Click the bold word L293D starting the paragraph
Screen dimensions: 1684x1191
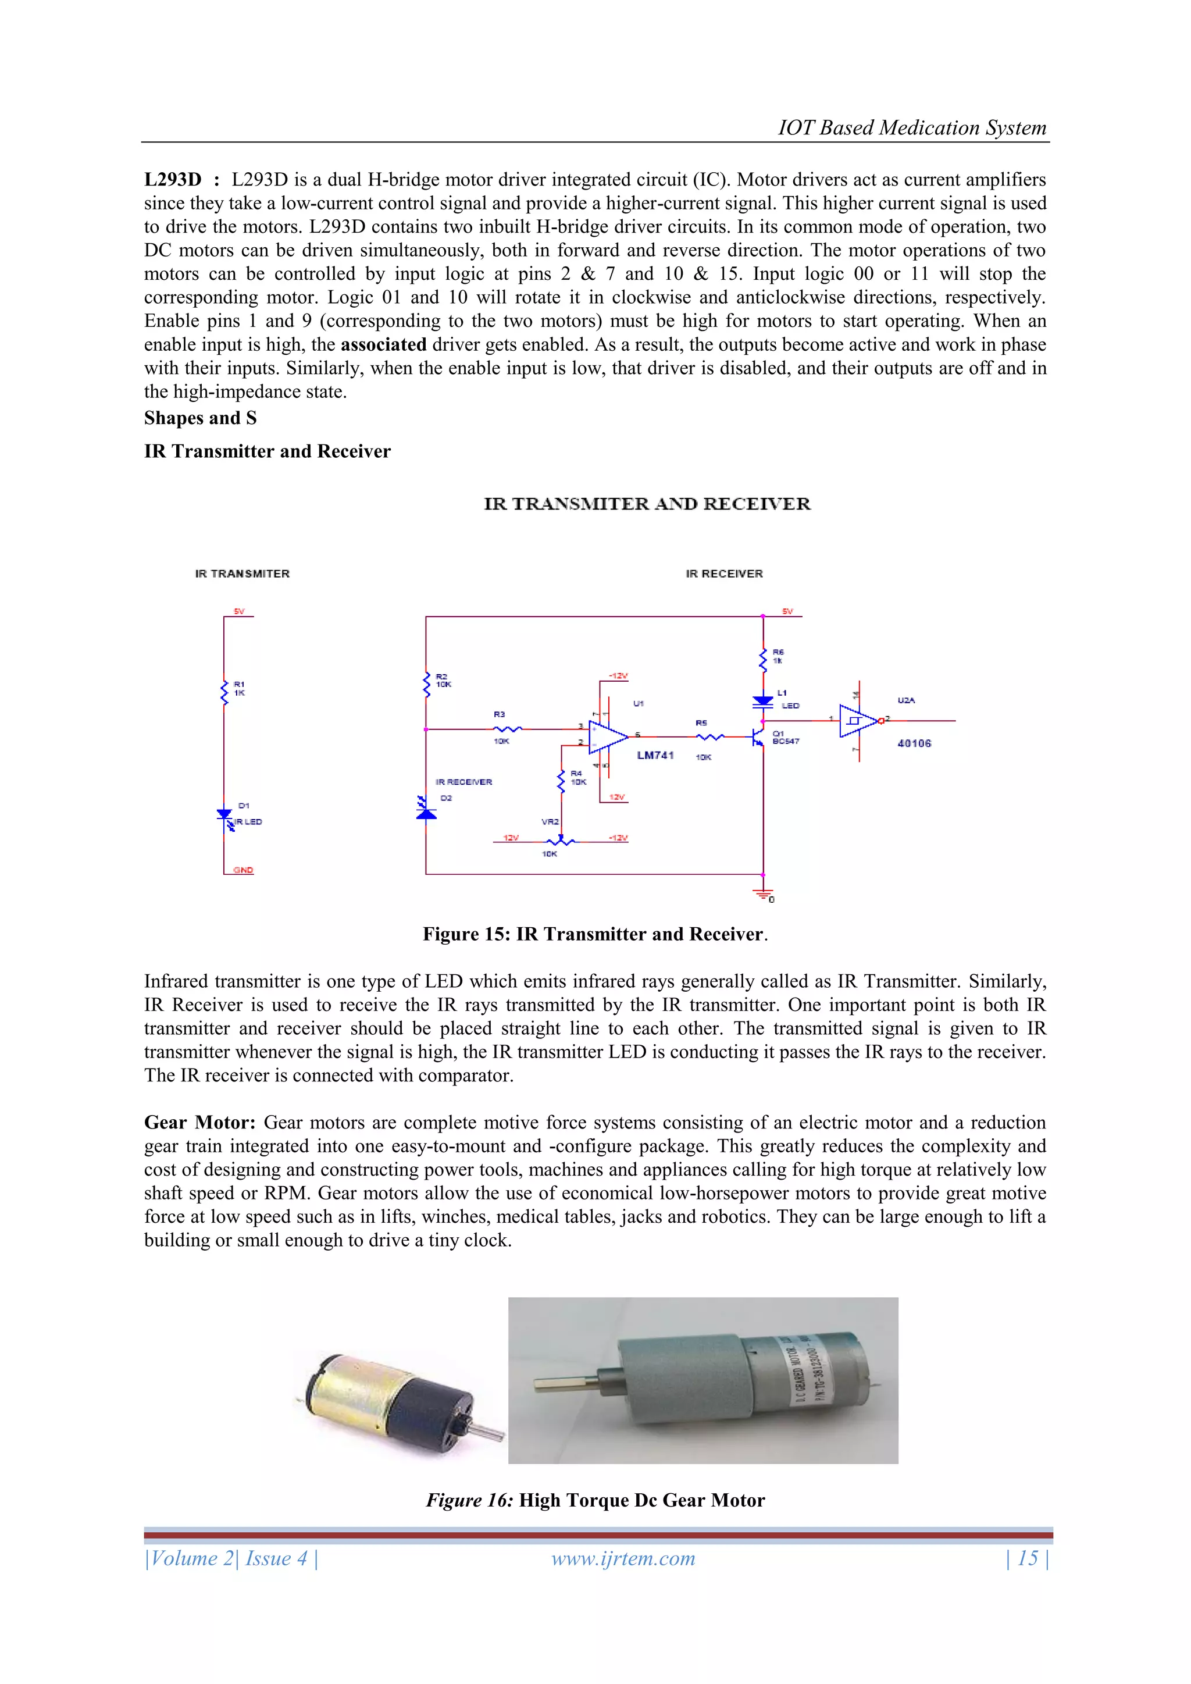(x=172, y=180)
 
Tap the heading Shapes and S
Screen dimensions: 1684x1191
(x=200, y=418)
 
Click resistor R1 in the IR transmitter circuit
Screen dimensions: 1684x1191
(x=224, y=692)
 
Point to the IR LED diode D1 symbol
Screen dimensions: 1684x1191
(x=224, y=816)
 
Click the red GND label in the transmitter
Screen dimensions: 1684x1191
(x=243, y=870)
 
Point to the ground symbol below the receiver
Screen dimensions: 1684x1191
(x=763, y=893)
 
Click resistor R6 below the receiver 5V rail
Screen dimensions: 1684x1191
(x=763, y=658)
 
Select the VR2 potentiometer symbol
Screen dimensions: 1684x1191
(x=561, y=841)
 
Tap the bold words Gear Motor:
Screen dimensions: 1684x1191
(x=199, y=1122)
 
